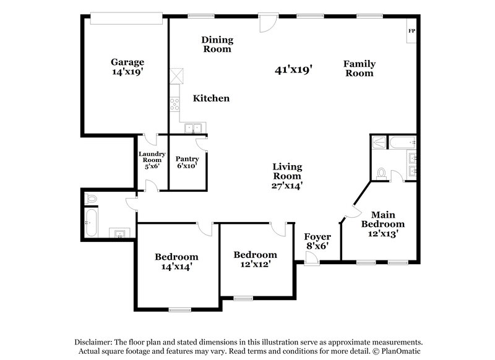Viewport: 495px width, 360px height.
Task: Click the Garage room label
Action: [127, 66]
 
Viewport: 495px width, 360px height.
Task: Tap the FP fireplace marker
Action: [411, 31]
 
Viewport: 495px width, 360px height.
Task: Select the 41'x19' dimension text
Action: [293, 70]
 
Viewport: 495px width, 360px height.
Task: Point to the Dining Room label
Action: [217, 45]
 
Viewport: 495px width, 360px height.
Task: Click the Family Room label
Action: [359, 68]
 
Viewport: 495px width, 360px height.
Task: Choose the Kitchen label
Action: [211, 98]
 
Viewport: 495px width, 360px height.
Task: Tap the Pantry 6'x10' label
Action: [187, 162]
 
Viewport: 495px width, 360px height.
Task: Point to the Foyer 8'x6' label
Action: [317, 241]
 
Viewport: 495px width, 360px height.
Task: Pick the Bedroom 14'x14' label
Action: [176, 262]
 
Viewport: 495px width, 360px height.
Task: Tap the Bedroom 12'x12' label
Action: [255, 259]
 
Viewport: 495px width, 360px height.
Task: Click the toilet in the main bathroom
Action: [382, 172]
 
